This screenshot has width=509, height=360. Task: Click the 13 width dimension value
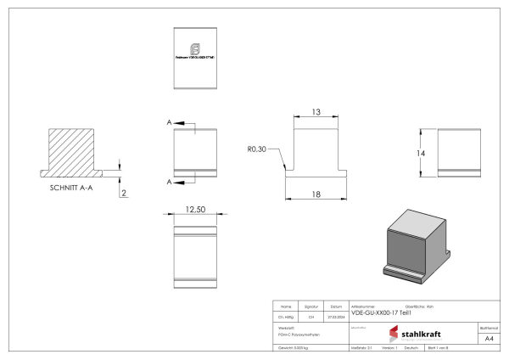pyautogui.click(x=316, y=112)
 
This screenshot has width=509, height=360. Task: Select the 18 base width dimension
pyautogui.click(x=316, y=194)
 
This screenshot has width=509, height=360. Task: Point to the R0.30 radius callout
pyautogui.click(x=256, y=149)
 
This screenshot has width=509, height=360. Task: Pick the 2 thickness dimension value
pyautogui.click(x=124, y=194)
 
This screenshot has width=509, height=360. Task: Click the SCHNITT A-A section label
pyautogui.click(x=72, y=188)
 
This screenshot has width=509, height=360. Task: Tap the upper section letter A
pyautogui.click(x=170, y=124)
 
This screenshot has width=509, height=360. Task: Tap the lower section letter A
pyautogui.click(x=170, y=183)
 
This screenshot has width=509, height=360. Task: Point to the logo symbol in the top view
pyautogui.click(x=194, y=48)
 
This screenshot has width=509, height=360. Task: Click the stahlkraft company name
pyautogui.click(x=421, y=334)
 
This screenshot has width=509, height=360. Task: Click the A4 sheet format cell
pyautogui.click(x=488, y=339)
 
